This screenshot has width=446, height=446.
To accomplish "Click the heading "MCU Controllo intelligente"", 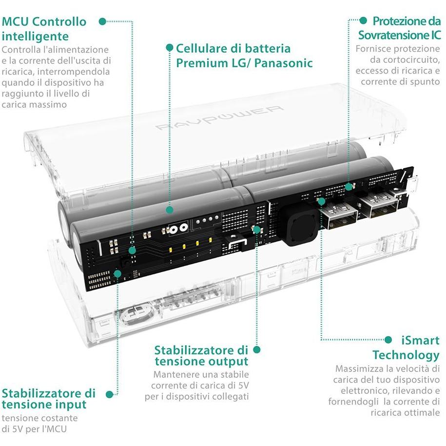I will click(x=44, y=29).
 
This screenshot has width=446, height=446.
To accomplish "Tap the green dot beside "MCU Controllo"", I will click(x=102, y=21).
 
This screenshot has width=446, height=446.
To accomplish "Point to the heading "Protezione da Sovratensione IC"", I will click(x=399, y=28).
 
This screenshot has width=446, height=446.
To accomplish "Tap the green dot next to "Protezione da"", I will click(x=363, y=20).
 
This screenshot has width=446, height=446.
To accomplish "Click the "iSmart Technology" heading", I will click(x=406, y=347).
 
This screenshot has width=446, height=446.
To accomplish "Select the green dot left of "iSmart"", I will click(x=388, y=340).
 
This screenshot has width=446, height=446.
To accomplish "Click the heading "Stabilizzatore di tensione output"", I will click(x=201, y=356).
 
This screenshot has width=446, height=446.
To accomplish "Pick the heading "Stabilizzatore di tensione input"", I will click(x=49, y=398).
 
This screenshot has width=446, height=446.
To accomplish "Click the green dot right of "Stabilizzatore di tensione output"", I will click(x=257, y=349).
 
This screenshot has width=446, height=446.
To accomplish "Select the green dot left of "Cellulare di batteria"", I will click(x=169, y=48).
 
